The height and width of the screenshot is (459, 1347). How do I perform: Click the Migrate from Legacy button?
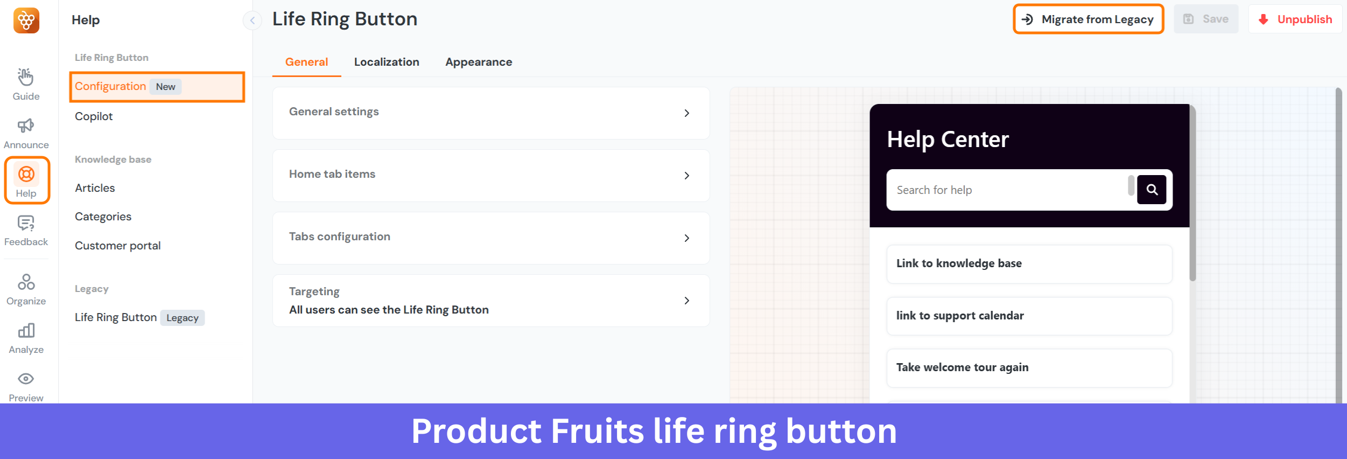[1088, 19]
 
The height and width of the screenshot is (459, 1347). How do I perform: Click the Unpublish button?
[1295, 19]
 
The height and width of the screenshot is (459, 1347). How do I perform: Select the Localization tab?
[386, 62]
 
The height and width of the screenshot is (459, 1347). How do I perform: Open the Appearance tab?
[478, 62]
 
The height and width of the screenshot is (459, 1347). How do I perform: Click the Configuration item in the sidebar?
[110, 86]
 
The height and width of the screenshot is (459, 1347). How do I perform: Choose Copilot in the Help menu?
[94, 116]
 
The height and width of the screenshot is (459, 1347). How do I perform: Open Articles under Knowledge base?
[95, 188]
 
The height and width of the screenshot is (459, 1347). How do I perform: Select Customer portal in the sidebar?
[117, 246]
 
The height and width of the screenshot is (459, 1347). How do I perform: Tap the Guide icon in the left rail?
[26, 78]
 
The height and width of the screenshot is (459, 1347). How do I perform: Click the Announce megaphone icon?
[26, 126]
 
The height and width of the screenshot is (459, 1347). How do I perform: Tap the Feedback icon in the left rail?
[26, 223]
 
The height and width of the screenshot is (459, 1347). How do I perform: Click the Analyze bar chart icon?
[26, 331]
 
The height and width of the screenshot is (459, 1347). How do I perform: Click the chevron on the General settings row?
[686, 113]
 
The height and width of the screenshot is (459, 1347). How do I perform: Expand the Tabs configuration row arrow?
[686, 238]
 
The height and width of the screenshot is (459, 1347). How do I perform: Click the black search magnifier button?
[1152, 190]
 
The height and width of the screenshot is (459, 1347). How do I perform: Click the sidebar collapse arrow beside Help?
[252, 20]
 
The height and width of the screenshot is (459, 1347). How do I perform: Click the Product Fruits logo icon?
[26, 20]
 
